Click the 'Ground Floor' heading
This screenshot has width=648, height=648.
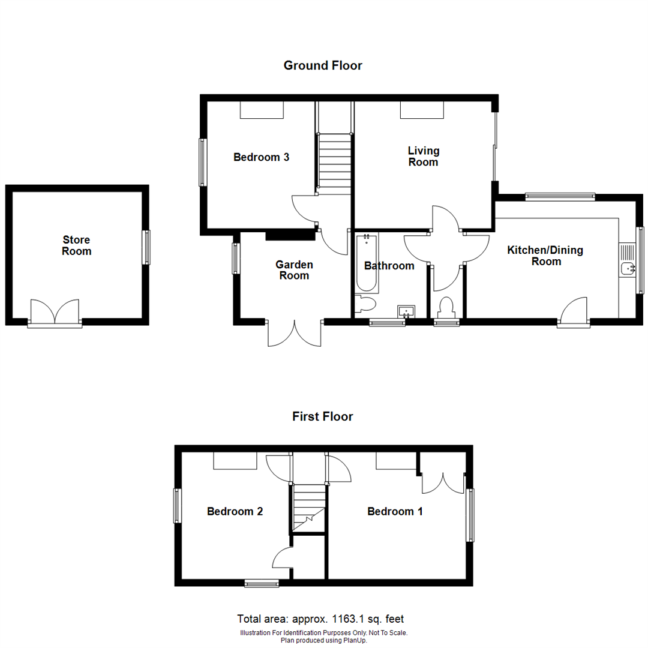pyautogui.click(x=323, y=65)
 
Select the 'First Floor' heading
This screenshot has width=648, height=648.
pyautogui.click(x=323, y=416)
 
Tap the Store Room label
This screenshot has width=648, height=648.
pyautogui.click(x=77, y=246)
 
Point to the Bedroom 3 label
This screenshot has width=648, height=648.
pyautogui.click(x=261, y=157)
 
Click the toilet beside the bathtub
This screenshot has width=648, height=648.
pyautogui.click(x=364, y=305)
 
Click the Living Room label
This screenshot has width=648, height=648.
pyautogui.click(x=423, y=156)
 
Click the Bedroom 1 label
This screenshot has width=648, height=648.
pyautogui.click(x=395, y=511)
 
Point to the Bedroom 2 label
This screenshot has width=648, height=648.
pyautogui.click(x=235, y=511)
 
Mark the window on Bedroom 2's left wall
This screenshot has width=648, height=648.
pyautogui.click(x=178, y=505)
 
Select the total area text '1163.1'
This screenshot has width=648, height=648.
pyautogui.click(x=355, y=619)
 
